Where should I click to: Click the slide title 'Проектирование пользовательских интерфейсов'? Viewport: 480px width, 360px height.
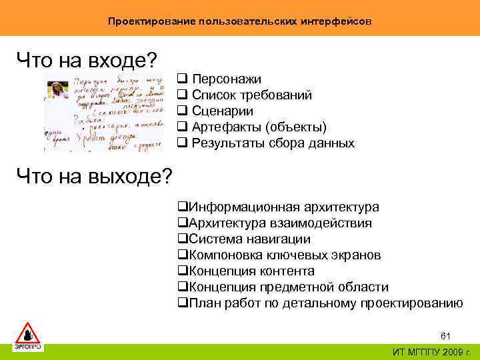(x=240, y=21)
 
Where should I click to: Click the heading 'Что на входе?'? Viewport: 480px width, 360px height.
(x=87, y=61)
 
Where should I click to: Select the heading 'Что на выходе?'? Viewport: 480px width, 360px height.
(x=94, y=177)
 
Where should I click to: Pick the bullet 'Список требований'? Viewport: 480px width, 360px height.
(x=251, y=95)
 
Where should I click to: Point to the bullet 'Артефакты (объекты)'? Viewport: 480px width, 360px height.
(x=259, y=127)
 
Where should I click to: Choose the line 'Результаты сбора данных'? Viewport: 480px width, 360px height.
(x=273, y=143)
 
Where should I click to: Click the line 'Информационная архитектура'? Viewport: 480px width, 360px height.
(x=283, y=207)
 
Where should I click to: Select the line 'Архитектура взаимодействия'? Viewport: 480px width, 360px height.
(x=280, y=223)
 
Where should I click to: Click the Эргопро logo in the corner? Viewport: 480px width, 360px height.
(x=28, y=336)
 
